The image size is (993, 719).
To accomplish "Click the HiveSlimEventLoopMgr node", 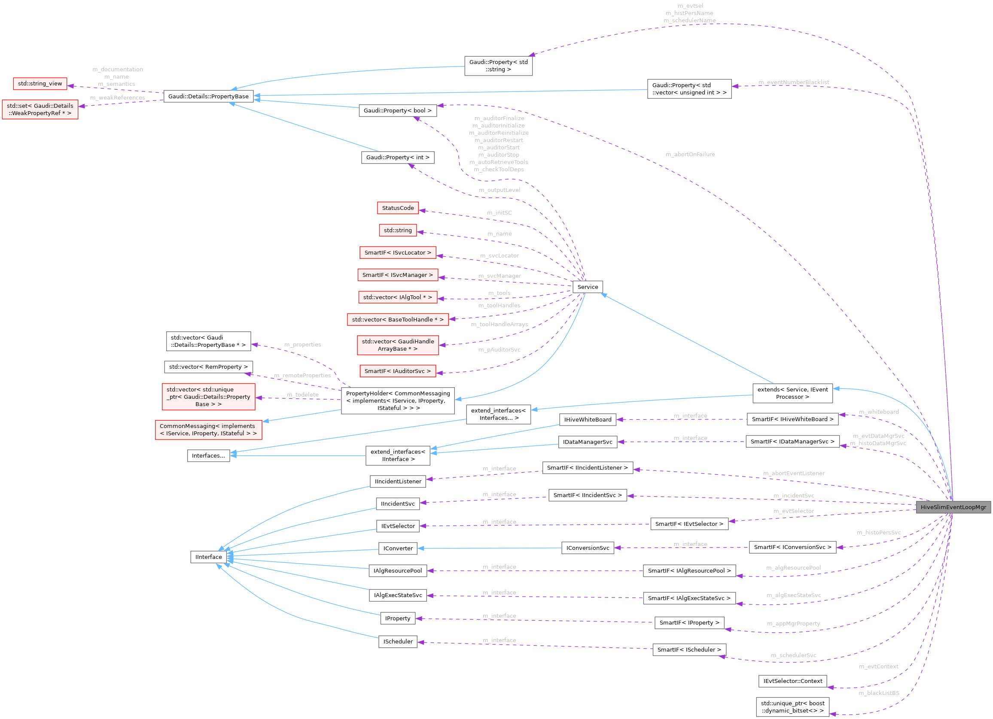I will click(x=953, y=507).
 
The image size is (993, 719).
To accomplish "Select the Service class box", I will click(x=588, y=287).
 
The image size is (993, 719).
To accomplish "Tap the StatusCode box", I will click(x=398, y=208).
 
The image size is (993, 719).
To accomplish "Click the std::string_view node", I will click(x=40, y=84).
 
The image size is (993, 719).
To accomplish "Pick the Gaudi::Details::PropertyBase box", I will click(x=208, y=96).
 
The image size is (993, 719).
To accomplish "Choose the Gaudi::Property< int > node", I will click(x=398, y=158).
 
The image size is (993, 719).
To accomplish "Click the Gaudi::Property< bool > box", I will click(x=398, y=111).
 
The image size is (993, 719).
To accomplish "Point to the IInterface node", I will click(x=208, y=557).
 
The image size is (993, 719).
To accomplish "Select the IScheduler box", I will click(x=398, y=642).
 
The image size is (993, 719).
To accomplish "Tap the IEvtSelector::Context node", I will click(x=792, y=681).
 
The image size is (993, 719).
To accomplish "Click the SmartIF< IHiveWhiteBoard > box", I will click(x=792, y=419).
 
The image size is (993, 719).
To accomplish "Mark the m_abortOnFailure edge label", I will click(x=690, y=155).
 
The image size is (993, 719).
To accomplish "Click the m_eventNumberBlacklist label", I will click(x=793, y=82).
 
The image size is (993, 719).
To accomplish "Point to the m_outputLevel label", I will click(x=500, y=190).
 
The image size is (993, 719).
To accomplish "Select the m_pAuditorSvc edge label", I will click(x=500, y=350).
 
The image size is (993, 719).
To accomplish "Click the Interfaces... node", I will click(x=208, y=455).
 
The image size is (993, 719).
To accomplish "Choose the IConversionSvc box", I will click(x=588, y=548).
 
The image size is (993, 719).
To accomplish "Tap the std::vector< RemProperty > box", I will click(x=208, y=367).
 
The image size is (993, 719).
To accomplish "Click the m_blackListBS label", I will click(x=879, y=693).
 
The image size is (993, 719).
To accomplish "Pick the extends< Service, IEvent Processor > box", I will click(x=792, y=393).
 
